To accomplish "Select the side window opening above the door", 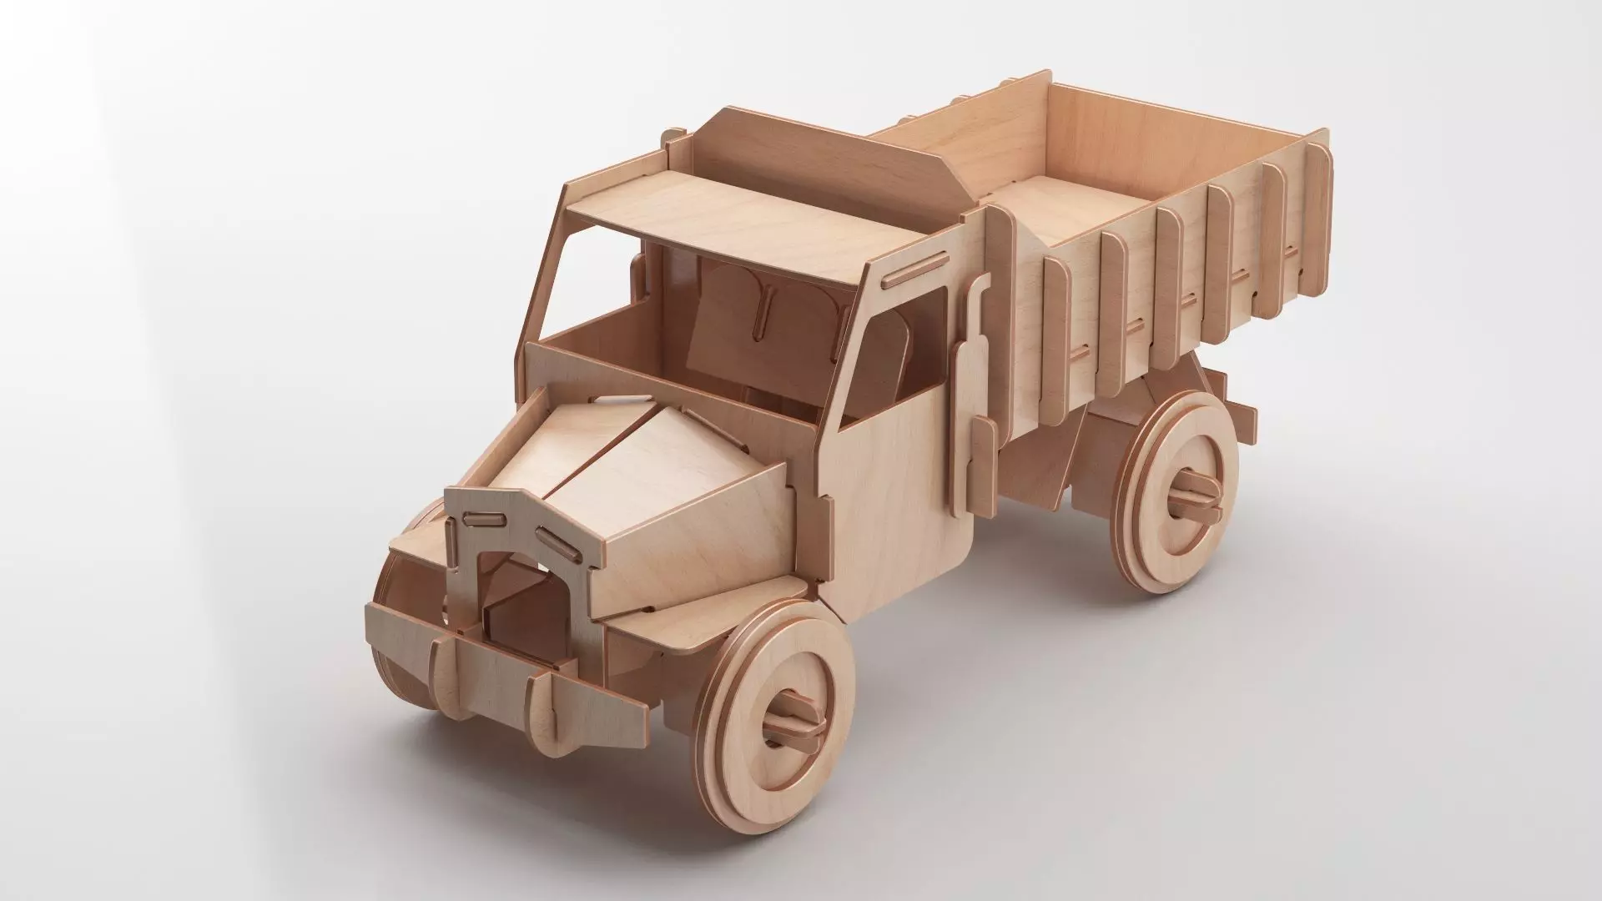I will (x=901, y=350).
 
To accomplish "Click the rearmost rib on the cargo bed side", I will (x=1317, y=209).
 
